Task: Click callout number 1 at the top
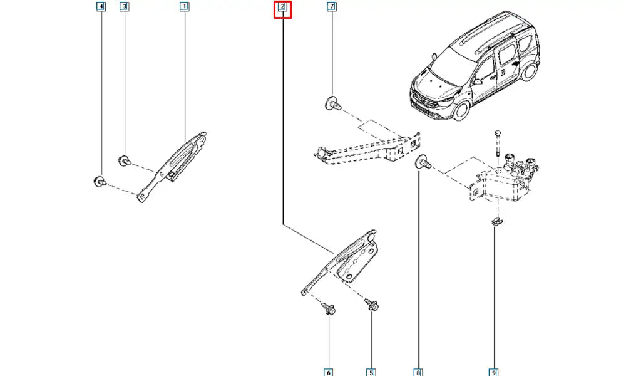coord(184,8)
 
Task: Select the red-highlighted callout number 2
coord(282,8)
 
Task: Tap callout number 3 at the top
coord(125,8)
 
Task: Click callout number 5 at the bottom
coord(371,373)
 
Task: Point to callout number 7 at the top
coord(331,8)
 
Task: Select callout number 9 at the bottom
coord(495,373)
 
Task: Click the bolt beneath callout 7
coord(332,104)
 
